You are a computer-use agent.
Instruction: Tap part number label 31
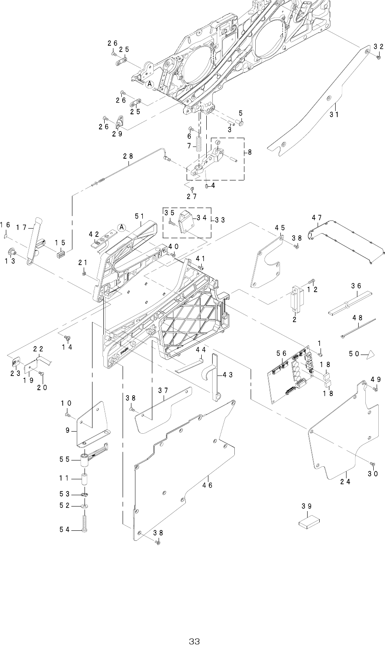click(334, 114)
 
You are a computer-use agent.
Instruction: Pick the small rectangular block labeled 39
click(309, 522)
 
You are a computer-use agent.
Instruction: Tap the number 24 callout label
click(345, 481)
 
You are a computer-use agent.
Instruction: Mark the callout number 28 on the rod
click(128, 156)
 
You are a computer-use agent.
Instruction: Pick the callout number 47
click(317, 218)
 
